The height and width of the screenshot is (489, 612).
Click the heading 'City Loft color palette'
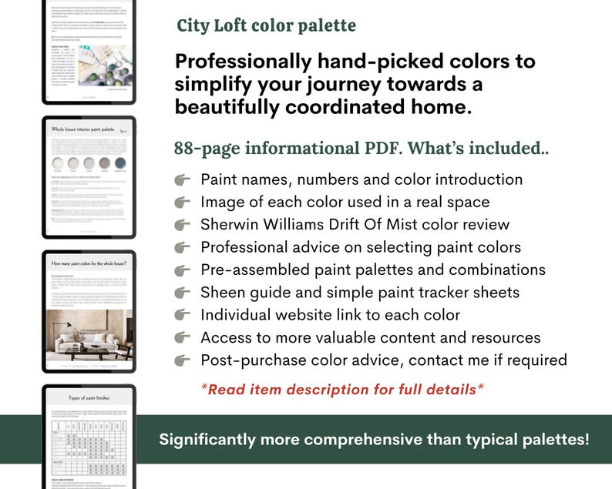(x=266, y=25)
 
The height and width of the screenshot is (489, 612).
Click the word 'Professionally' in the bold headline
(x=249, y=62)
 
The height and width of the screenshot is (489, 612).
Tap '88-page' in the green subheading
(x=207, y=149)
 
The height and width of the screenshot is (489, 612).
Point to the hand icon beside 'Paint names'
(x=183, y=180)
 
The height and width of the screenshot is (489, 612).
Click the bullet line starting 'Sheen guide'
(x=360, y=293)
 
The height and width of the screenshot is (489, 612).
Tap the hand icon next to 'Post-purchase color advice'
(x=183, y=360)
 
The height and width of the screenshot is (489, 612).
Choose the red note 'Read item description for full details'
(x=342, y=389)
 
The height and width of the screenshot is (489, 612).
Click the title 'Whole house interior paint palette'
(x=82, y=129)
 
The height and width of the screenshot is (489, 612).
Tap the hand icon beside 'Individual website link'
(x=183, y=315)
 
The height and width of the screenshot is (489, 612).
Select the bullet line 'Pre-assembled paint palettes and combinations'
(x=373, y=270)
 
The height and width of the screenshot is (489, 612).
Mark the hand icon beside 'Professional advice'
(x=183, y=248)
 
